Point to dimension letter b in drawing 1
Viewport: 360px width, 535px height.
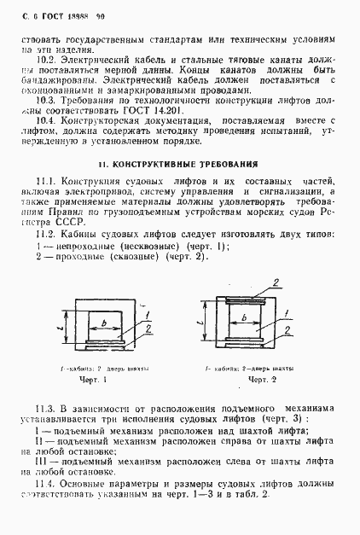102,323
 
